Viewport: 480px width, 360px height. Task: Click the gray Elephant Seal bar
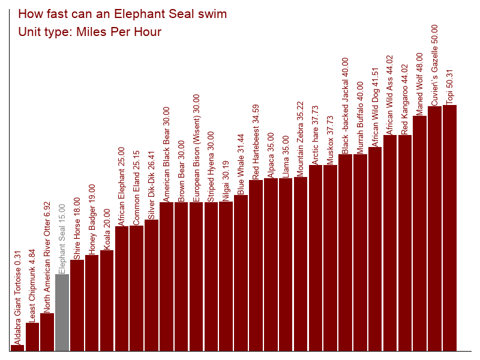(62, 313)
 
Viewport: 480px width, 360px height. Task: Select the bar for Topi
(449, 228)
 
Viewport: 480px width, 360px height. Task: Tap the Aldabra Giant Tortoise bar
(17, 348)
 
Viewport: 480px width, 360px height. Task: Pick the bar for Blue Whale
(241, 273)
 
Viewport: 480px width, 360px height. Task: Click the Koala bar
(107, 301)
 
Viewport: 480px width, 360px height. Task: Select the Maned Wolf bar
(419, 233)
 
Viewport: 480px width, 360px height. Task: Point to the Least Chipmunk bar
(32, 337)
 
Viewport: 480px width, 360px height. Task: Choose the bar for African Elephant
(122, 289)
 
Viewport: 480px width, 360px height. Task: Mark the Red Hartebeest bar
(256, 265)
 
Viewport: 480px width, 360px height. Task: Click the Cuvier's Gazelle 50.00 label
(434, 65)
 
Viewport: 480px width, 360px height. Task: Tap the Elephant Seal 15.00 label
(62, 239)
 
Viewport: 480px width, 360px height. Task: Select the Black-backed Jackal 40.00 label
(345, 106)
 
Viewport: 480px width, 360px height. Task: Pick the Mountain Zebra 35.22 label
(301, 139)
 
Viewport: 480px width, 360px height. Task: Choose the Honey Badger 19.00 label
(92, 220)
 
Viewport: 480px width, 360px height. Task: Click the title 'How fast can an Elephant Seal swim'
(122, 14)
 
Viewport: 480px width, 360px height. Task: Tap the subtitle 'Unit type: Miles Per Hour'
(89, 32)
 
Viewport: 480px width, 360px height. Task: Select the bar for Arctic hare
(316, 258)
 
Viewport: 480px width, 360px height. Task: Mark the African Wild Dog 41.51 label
(375, 107)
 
